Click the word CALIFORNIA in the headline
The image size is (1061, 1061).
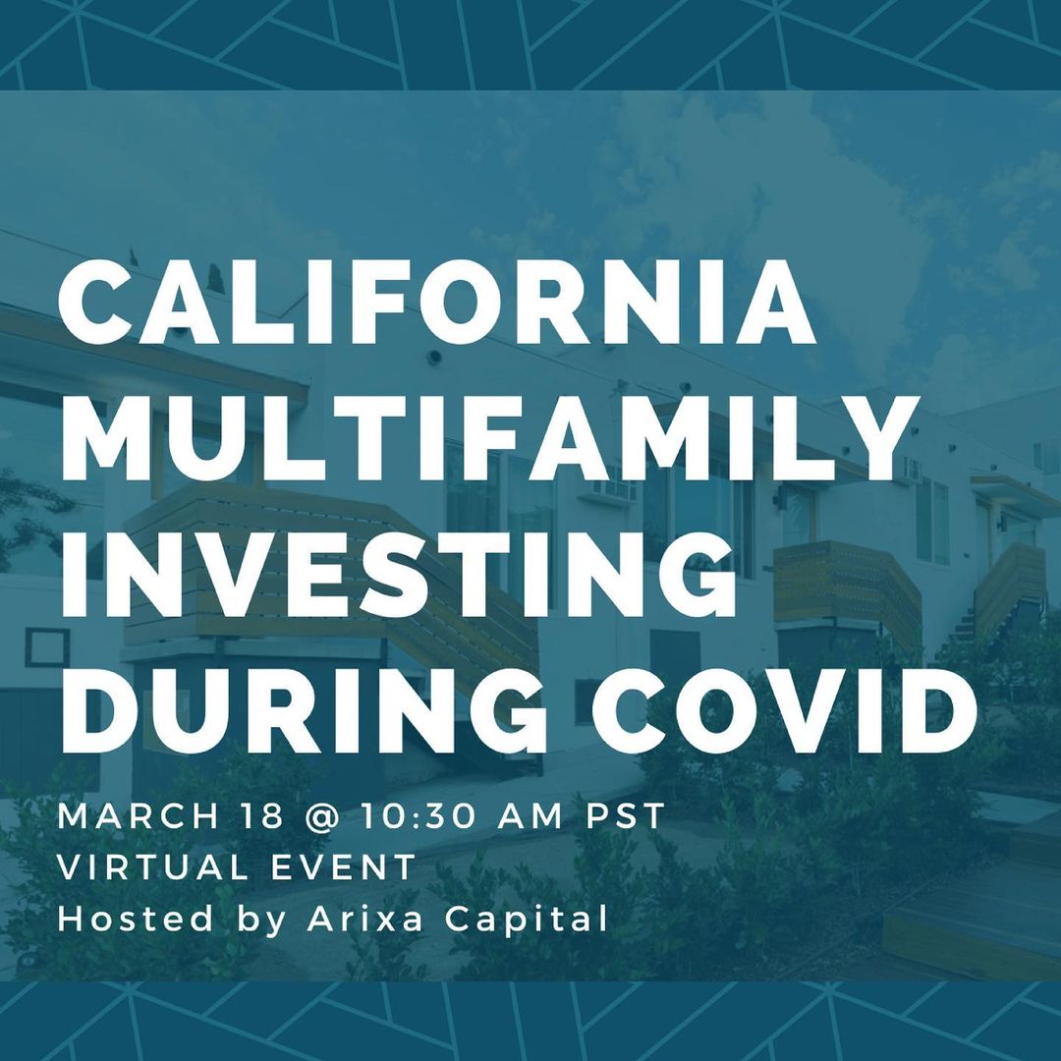pos(437,302)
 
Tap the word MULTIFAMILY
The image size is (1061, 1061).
pos(489,438)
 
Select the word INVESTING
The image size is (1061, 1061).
pos(399,574)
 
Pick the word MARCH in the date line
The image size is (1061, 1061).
pos(139,816)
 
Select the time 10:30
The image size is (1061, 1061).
pos(419,816)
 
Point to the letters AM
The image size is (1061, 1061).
pos(530,816)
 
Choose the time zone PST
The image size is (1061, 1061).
pos(626,816)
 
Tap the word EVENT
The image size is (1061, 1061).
pos(343,867)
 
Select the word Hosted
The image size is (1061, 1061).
pos(136,919)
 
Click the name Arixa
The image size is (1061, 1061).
pos(365,919)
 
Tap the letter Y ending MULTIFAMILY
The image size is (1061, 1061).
pos(880,438)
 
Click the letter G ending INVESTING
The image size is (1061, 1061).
pos(699,574)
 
